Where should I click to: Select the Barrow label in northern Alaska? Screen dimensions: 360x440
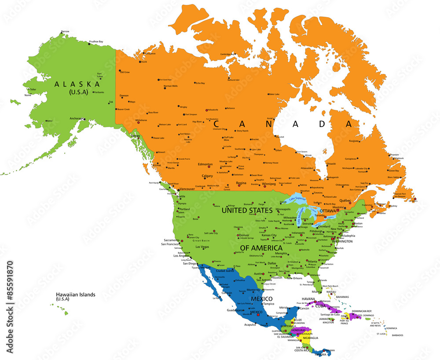point(65,32)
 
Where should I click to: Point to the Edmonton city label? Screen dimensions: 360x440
point(205,164)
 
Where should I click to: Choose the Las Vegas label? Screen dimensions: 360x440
point(202,247)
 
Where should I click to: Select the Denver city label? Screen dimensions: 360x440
point(244,235)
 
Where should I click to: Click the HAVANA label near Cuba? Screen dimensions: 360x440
point(308,299)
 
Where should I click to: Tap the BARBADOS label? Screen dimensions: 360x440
point(397,335)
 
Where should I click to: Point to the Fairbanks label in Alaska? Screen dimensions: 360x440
point(99,92)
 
